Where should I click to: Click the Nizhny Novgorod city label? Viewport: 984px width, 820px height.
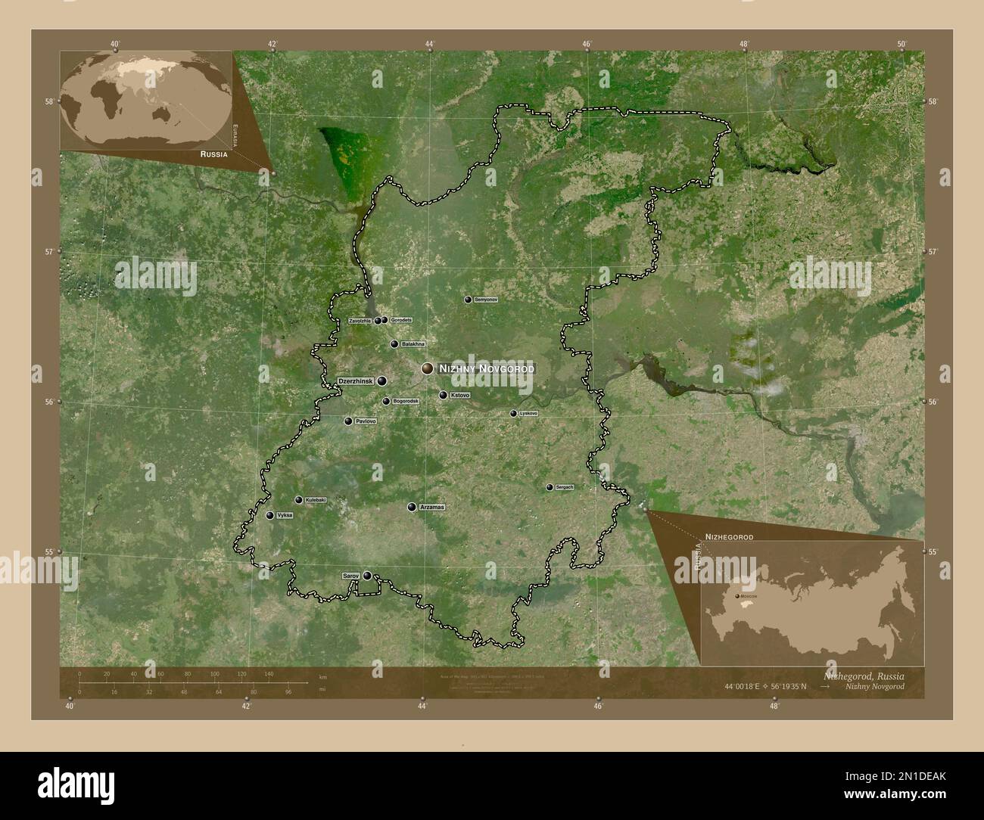click(x=486, y=368)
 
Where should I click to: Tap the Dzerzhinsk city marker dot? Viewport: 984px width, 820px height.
click(x=382, y=380)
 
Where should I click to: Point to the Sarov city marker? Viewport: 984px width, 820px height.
click(x=367, y=576)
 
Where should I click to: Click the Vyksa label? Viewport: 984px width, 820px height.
click(x=285, y=514)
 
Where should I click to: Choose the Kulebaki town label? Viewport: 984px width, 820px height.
click(x=315, y=500)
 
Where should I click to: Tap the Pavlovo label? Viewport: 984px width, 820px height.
click(x=365, y=421)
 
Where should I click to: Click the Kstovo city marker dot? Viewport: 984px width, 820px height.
click(x=443, y=395)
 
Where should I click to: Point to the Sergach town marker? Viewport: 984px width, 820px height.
click(x=550, y=488)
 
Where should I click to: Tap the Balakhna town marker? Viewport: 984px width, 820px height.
click(x=394, y=344)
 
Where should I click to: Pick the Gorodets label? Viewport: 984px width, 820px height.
click(x=402, y=320)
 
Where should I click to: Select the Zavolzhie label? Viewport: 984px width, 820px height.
click(x=360, y=321)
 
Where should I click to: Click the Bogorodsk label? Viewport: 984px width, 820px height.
click(x=406, y=401)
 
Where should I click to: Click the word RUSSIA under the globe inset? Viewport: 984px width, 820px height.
click(x=214, y=154)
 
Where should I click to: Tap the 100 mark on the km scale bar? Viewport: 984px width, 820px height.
click(x=214, y=673)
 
